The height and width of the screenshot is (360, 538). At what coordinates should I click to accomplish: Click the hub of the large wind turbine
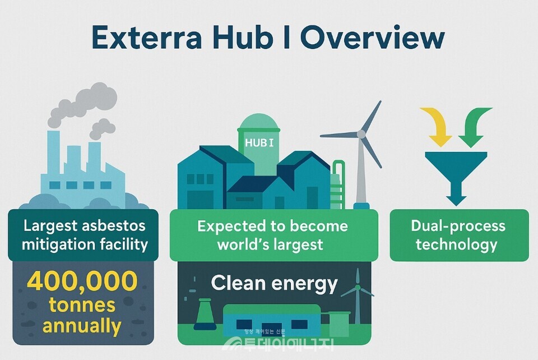coord(361,134)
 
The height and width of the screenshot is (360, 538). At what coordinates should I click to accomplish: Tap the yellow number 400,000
coord(82,282)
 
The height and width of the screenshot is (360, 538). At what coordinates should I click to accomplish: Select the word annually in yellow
coord(82,325)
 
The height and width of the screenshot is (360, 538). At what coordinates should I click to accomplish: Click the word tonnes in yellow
coord(82,304)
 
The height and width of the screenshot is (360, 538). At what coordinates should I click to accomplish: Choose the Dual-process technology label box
coord(459,235)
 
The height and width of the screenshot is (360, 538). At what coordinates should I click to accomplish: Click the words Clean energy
coord(274,283)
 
